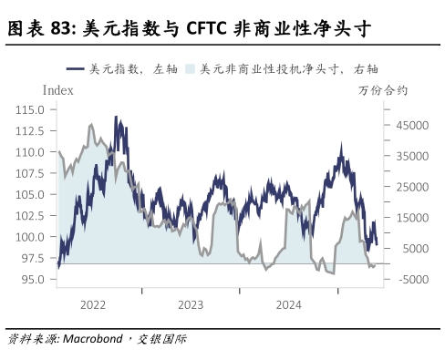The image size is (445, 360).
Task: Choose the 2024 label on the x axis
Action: [x=288, y=304]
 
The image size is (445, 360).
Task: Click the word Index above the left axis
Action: [x=58, y=90]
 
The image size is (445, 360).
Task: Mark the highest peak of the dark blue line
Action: [x=116, y=118]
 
